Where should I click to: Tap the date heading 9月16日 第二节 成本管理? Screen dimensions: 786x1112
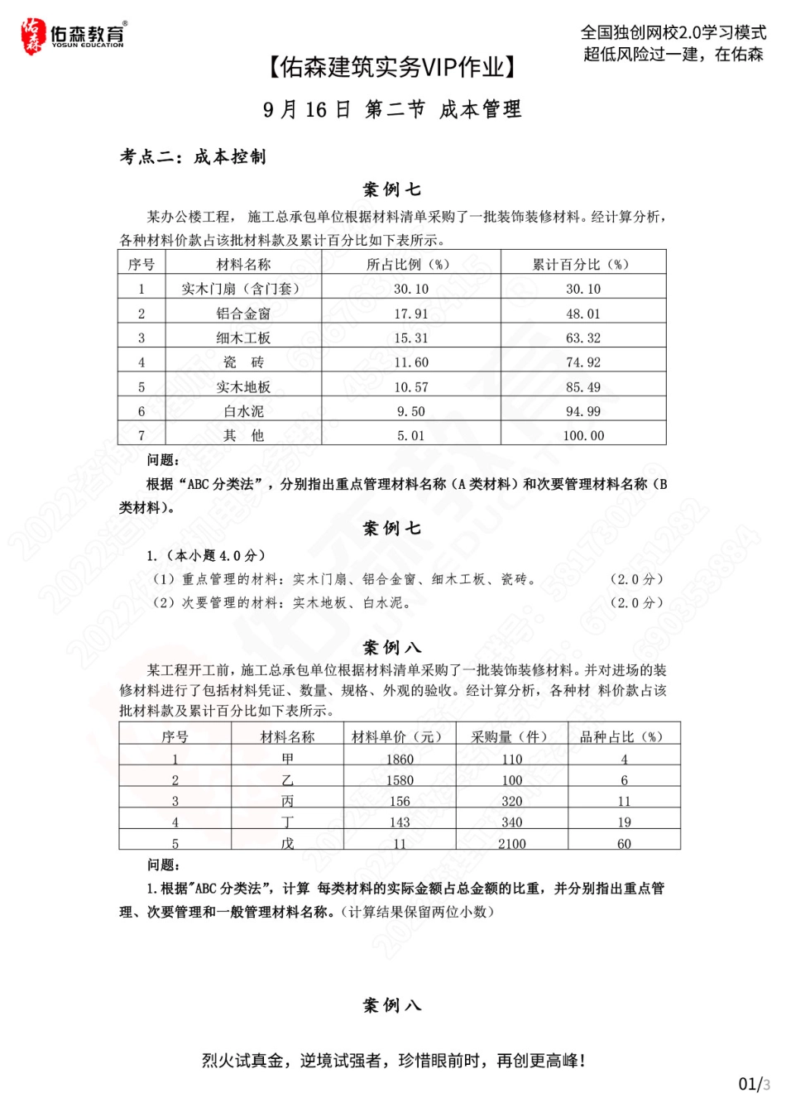pyautogui.click(x=392, y=109)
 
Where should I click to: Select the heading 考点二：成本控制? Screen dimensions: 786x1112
pyautogui.click(x=193, y=156)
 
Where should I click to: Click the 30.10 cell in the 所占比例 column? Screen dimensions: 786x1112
pyautogui.click(x=411, y=289)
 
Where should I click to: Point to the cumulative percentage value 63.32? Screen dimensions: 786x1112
pyautogui.click(x=583, y=338)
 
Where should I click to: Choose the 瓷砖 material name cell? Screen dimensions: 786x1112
pyautogui.click(x=243, y=362)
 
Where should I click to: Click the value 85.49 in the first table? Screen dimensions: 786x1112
pyautogui.click(x=583, y=386)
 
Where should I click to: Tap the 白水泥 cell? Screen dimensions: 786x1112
pyautogui.click(x=243, y=411)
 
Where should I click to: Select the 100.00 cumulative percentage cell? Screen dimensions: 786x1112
pyautogui.click(x=583, y=435)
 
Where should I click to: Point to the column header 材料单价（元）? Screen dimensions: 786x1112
pyautogui.click(x=397, y=736)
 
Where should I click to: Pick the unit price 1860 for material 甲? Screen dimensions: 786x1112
pyautogui.click(x=400, y=759)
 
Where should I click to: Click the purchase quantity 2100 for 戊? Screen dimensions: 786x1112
pyautogui.click(x=512, y=843)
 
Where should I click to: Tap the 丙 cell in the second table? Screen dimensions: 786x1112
pyautogui.click(x=287, y=801)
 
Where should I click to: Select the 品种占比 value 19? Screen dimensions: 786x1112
pyautogui.click(x=624, y=822)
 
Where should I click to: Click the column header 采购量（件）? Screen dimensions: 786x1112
pyautogui.click(x=511, y=736)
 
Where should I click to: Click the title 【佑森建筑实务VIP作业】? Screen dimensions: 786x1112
pyautogui.click(x=392, y=68)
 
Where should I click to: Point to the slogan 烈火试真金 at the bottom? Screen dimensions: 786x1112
pyautogui.click(x=394, y=1060)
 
